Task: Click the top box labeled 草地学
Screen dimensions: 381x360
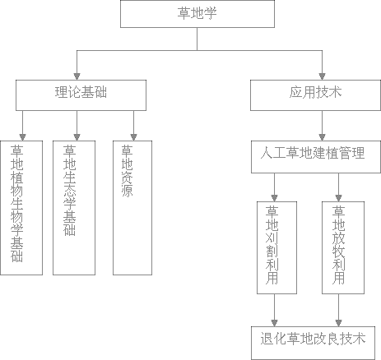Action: pos(197,14)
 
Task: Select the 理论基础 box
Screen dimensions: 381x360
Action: pos(81,95)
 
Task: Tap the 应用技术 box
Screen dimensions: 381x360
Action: pos(315,95)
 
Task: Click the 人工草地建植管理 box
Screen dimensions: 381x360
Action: pos(316,157)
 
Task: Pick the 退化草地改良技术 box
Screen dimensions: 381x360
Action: pos(313,343)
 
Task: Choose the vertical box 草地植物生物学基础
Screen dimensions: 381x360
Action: pos(21,208)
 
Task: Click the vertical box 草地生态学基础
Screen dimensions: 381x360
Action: pos(74,208)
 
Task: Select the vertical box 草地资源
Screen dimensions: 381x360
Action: pos(132,208)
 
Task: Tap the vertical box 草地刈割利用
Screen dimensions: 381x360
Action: pos(276,247)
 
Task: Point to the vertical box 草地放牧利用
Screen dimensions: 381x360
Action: pos(343,247)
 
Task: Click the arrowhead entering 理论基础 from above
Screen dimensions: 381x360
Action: pos(77,76)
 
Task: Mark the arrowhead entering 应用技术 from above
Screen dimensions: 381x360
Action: pos(323,76)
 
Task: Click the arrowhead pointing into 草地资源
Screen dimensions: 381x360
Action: pos(133,137)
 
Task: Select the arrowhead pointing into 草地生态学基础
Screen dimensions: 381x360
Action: pos(77,137)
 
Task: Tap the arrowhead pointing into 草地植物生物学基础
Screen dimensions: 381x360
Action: pos(23,137)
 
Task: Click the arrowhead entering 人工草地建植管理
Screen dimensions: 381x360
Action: pos(323,137)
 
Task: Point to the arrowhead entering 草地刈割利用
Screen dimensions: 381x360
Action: pos(274,198)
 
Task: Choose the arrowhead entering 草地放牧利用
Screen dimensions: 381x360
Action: pos(338,198)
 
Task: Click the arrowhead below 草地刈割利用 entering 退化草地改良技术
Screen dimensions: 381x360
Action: pos(274,323)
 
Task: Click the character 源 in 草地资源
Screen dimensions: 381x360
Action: pos(127,191)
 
